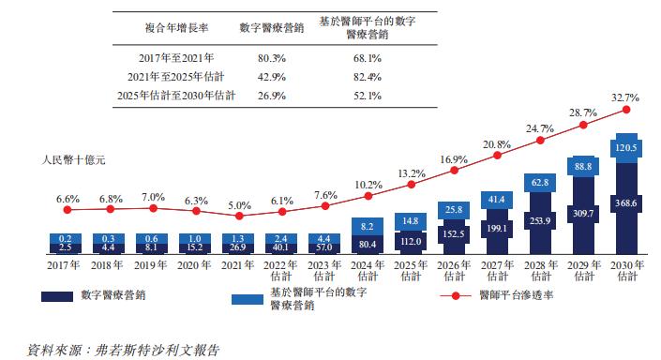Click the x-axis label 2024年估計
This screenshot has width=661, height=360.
[366, 271]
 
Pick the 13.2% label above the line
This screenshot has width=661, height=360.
[409, 173]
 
